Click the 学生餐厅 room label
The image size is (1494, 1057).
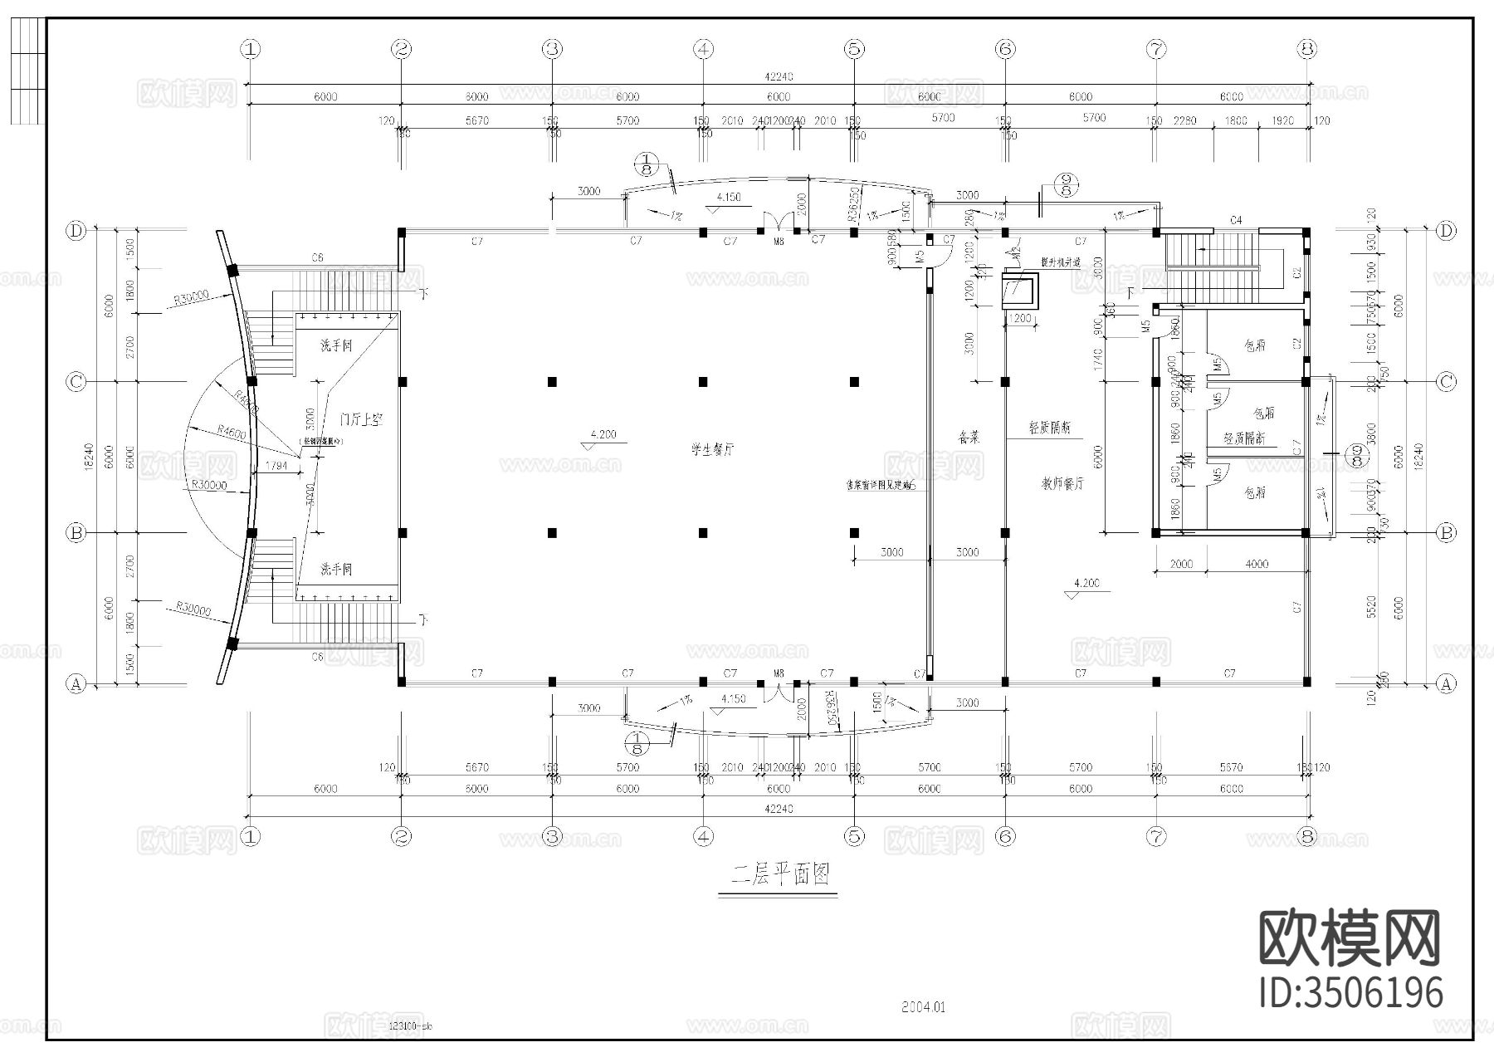(x=713, y=449)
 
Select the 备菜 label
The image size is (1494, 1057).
(x=969, y=438)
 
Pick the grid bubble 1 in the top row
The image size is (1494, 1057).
(x=250, y=49)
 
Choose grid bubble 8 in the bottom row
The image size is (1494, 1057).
(x=1307, y=837)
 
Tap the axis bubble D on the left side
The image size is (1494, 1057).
(x=76, y=231)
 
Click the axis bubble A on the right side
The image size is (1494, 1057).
(x=1446, y=683)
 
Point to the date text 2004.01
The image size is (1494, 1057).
(x=924, y=1007)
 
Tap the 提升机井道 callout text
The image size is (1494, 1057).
(x=1061, y=262)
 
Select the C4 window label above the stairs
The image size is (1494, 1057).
(x=1236, y=220)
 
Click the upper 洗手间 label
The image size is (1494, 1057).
(x=336, y=345)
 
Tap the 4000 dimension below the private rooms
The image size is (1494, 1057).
(x=1257, y=564)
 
